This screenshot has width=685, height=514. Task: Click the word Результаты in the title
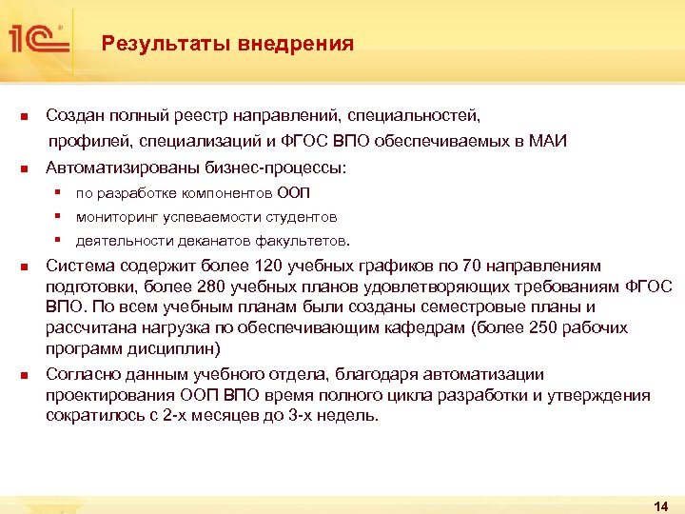[x=147, y=44]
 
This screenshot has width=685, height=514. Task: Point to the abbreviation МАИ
[x=546, y=142]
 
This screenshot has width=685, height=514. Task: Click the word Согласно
[x=82, y=374]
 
